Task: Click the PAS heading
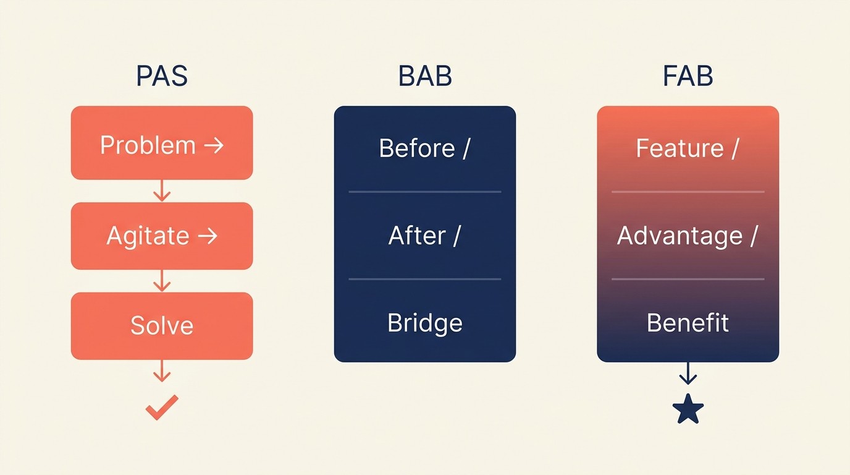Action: (x=162, y=76)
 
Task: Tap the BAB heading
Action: (x=425, y=76)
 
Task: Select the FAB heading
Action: (x=688, y=76)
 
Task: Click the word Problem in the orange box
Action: (x=148, y=145)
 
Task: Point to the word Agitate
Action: (x=148, y=236)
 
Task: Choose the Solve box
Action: (x=162, y=326)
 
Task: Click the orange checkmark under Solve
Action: (x=162, y=408)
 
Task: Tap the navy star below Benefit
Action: (x=688, y=409)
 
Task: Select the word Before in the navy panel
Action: (x=416, y=148)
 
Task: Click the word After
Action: (x=417, y=236)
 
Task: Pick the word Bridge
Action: (x=425, y=323)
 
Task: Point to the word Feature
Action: (x=680, y=148)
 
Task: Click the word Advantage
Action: (x=680, y=236)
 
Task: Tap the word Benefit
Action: (x=688, y=323)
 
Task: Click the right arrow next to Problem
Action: (x=213, y=145)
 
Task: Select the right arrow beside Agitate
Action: (x=207, y=236)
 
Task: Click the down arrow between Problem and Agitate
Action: (x=162, y=190)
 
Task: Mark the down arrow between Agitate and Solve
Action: (x=162, y=281)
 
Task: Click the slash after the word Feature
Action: (x=734, y=148)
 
